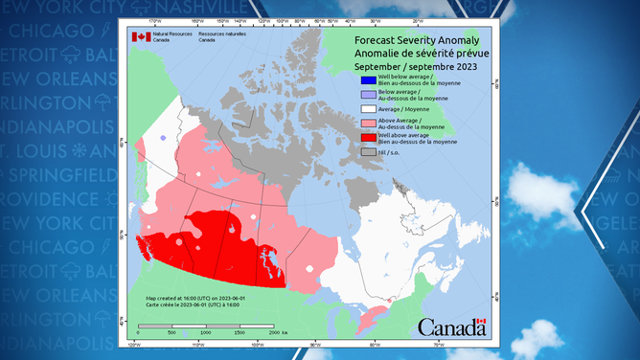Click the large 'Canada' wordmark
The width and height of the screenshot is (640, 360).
(450, 327)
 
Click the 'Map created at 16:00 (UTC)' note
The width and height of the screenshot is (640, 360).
(194, 298)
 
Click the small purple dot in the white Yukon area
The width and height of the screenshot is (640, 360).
(163, 139)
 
